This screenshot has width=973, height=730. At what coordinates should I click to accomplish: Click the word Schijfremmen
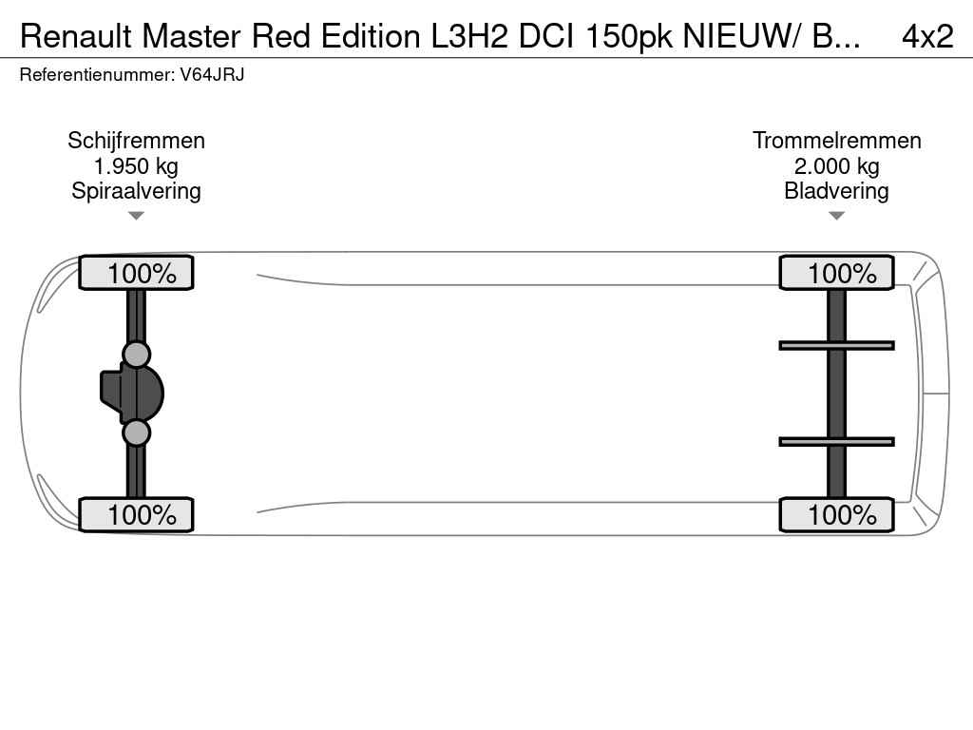136,141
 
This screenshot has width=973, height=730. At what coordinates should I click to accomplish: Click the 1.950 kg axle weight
136,166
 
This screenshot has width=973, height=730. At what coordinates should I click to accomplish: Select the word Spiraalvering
136,191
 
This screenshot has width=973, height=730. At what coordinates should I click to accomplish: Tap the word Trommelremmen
836,141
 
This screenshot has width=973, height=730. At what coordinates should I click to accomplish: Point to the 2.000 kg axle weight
836,166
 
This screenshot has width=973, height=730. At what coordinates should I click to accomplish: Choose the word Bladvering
836,191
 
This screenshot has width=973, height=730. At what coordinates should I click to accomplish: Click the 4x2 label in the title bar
926,36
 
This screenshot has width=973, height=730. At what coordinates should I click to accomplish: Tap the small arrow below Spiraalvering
136,216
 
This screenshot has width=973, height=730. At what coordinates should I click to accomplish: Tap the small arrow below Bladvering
836,216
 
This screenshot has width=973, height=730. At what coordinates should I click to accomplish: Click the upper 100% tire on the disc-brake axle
136,273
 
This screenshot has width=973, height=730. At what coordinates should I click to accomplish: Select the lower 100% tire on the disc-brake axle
136,514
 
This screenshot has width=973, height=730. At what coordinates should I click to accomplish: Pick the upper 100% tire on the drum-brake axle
836,273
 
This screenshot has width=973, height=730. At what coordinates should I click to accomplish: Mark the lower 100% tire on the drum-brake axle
836,514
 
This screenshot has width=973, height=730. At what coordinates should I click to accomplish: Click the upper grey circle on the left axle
137,355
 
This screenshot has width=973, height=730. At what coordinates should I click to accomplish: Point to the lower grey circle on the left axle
137,433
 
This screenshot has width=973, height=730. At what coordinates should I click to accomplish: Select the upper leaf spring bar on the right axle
836,345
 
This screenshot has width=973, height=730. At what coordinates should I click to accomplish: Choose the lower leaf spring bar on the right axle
836,441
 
